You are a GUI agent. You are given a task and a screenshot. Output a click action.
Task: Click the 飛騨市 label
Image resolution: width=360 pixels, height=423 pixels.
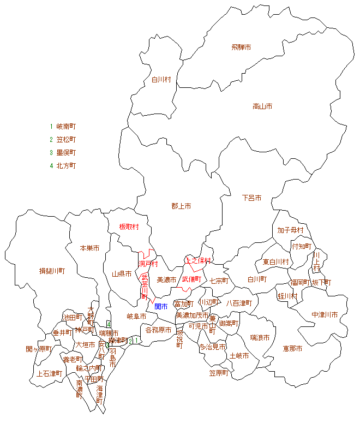(x=241, y=47)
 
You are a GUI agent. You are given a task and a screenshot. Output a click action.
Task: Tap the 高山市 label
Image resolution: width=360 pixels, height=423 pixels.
(x=262, y=106)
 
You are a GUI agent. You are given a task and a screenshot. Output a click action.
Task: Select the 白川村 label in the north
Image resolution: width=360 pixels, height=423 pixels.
(x=161, y=80)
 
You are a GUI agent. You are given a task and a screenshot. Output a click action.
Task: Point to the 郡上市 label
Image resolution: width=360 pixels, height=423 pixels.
(x=181, y=206)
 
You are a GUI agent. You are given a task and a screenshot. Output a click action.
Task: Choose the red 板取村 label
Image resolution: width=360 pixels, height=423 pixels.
(x=129, y=227)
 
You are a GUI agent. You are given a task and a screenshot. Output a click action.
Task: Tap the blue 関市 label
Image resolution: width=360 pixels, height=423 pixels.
(x=161, y=306)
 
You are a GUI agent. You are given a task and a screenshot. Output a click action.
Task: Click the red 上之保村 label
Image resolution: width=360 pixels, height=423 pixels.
(x=198, y=260)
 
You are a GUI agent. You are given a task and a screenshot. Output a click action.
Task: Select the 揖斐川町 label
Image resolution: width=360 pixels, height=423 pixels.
(x=52, y=271)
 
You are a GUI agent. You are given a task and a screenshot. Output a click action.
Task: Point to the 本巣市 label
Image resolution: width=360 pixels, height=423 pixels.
(x=89, y=248)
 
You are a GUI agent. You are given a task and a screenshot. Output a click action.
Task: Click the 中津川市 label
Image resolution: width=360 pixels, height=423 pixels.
(x=325, y=315)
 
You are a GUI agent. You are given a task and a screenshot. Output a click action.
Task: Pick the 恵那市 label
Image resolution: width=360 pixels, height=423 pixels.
(x=292, y=348)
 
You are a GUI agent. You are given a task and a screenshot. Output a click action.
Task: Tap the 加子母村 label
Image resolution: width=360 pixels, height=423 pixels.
(x=290, y=230)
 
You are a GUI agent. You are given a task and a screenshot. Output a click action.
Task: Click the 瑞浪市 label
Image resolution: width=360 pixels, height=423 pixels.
(x=260, y=338)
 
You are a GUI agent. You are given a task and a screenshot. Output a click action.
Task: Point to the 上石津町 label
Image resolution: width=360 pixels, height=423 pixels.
(x=49, y=374)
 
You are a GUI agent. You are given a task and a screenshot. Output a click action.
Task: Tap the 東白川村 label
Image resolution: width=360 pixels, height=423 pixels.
(x=275, y=262)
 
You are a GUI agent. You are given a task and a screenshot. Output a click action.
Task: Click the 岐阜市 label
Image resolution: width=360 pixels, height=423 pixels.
(x=136, y=316)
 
